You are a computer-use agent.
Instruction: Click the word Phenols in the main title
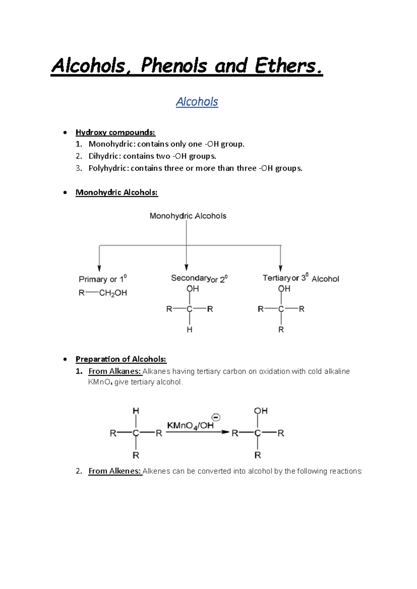pyautogui.click(x=174, y=66)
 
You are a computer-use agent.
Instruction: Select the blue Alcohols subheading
pyautogui.click(x=197, y=102)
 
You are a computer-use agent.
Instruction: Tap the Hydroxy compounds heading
pyautogui.click(x=115, y=132)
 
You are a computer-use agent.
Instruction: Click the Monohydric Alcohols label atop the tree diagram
pyautogui.click(x=188, y=216)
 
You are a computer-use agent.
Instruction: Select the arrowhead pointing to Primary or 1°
pyautogui.click(x=99, y=268)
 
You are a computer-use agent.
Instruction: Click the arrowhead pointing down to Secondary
pyautogui.click(x=187, y=267)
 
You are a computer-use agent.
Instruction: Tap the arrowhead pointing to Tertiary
pyautogui.click(x=281, y=268)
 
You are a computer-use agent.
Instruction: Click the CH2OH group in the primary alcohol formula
pyautogui.click(x=113, y=293)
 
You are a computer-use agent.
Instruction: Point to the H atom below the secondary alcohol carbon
pyautogui.click(x=189, y=330)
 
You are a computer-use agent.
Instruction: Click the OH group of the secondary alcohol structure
pyautogui.click(x=193, y=289)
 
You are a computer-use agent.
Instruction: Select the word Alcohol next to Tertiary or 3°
pyautogui.click(x=325, y=279)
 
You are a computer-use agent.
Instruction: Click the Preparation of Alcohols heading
pyautogui.click(x=121, y=359)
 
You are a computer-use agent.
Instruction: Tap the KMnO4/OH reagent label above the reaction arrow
pyautogui.click(x=190, y=426)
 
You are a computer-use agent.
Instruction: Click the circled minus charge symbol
pyautogui.click(x=216, y=417)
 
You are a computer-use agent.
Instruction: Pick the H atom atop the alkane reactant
pyautogui.click(x=136, y=411)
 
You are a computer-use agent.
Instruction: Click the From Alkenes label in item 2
pyautogui.click(x=115, y=471)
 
